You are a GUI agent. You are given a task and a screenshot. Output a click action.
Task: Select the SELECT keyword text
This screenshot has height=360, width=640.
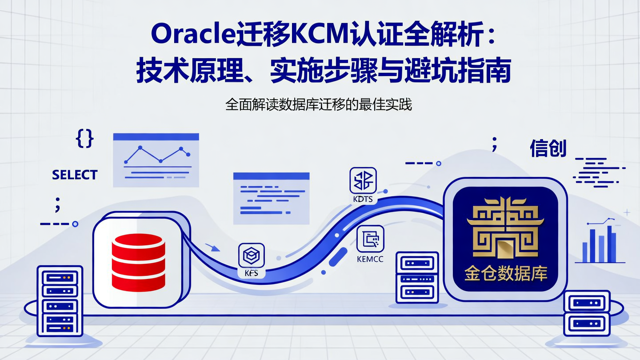[x=75, y=175]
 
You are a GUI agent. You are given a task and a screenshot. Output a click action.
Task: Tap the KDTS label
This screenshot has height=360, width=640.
[x=363, y=199]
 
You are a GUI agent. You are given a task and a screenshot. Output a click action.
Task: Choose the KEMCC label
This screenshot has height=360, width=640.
[x=370, y=259]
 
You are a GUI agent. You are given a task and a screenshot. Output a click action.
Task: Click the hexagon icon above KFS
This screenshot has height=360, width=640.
[x=252, y=255]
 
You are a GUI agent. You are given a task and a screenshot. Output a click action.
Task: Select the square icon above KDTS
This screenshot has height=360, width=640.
[x=363, y=180]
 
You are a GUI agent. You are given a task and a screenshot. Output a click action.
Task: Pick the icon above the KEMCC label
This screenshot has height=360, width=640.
[x=371, y=240]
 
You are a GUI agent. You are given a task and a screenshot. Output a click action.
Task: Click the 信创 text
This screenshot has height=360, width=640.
[x=548, y=149]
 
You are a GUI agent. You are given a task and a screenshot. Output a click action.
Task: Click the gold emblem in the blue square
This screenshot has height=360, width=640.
[x=505, y=227]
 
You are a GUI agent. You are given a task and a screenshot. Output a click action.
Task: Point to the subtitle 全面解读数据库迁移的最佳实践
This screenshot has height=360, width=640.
[x=319, y=105]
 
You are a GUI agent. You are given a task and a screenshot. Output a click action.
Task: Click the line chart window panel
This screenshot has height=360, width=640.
[x=156, y=160]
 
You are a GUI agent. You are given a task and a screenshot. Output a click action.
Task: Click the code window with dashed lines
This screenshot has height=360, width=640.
[x=271, y=197]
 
